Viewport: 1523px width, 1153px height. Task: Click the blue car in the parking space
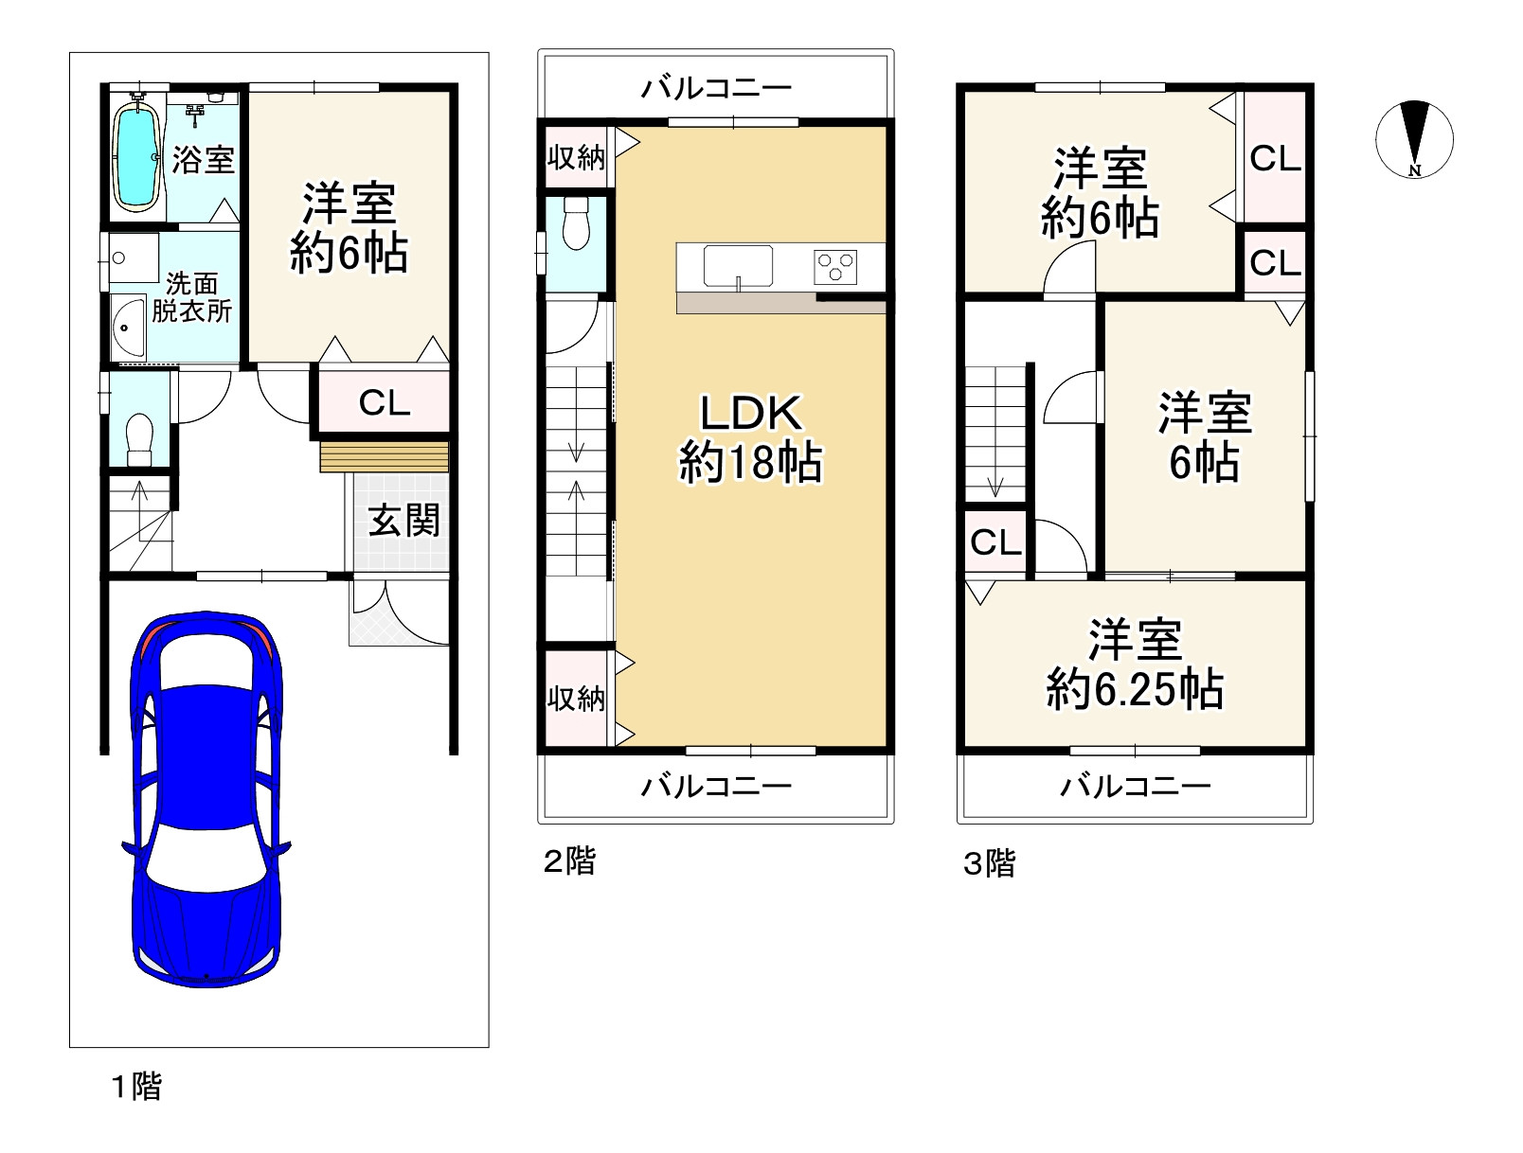click(x=206, y=800)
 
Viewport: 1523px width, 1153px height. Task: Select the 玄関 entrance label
click(x=403, y=521)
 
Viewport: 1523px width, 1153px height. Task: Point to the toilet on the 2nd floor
click(x=575, y=225)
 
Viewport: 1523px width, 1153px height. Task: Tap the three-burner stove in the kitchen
click(x=834, y=266)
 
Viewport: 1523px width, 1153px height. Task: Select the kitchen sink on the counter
click(x=738, y=265)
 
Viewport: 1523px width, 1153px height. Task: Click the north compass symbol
click(x=1414, y=139)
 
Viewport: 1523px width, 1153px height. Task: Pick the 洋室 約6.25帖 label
click(x=1134, y=665)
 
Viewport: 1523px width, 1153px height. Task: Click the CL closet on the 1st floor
click(x=385, y=403)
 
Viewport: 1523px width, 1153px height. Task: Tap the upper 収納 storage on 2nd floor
click(x=576, y=156)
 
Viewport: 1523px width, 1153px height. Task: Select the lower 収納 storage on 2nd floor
click(x=576, y=699)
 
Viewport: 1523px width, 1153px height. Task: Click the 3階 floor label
click(x=989, y=863)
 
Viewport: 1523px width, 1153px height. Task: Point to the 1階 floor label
click(x=136, y=1086)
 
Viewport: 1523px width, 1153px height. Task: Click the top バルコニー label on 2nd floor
click(x=716, y=89)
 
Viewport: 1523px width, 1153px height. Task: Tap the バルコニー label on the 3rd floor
click(x=1135, y=787)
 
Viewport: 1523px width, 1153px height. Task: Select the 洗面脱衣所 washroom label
click(x=191, y=297)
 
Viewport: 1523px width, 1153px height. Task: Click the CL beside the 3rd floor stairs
click(x=995, y=542)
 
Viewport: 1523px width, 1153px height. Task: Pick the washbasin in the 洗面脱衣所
click(x=126, y=328)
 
